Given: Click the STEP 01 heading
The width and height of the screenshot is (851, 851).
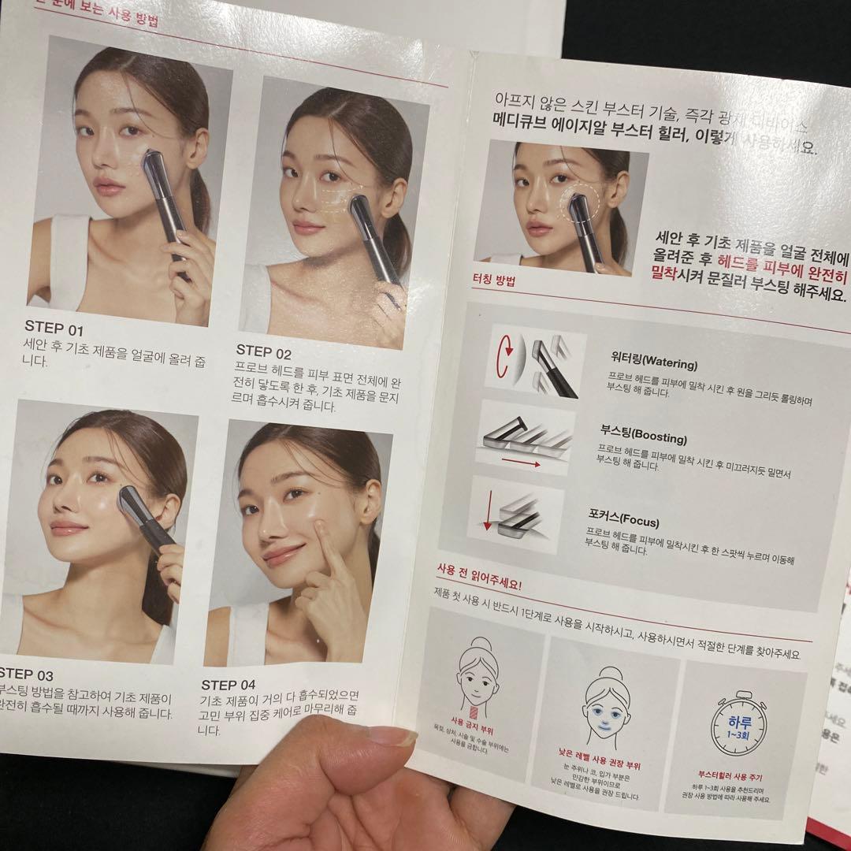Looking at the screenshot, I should click(x=54, y=329).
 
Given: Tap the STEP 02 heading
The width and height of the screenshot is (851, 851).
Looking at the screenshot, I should click(x=264, y=352).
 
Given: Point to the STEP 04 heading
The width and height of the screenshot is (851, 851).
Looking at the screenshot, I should click(x=229, y=685).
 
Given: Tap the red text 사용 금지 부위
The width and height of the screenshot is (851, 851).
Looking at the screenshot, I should click(x=473, y=722).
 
